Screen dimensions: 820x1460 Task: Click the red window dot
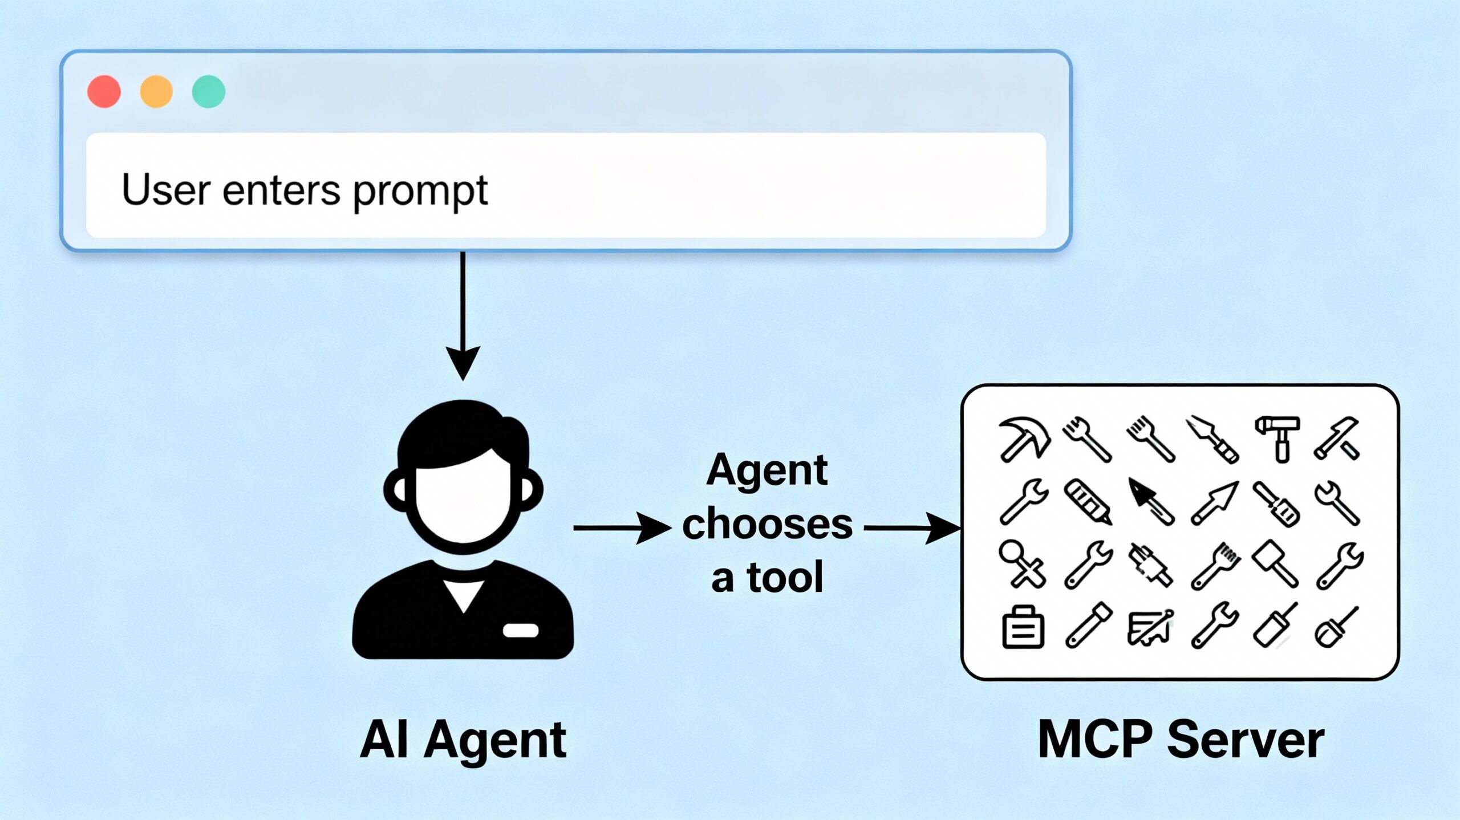click(104, 91)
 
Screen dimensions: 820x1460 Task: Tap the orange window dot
click(156, 91)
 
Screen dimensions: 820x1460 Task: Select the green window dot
click(209, 91)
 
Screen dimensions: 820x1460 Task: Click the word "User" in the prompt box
click(166, 190)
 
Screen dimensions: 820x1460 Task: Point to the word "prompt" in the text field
click(420, 192)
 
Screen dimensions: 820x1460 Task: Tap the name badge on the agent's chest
click(520, 630)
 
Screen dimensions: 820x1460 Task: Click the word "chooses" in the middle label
click(767, 525)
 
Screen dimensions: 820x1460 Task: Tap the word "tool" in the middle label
click(785, 578)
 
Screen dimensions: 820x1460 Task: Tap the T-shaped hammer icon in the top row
click(1277, 437)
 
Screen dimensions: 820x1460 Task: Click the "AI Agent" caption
click(463, 740)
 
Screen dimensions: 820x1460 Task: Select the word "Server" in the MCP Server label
click(1246, 740)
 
